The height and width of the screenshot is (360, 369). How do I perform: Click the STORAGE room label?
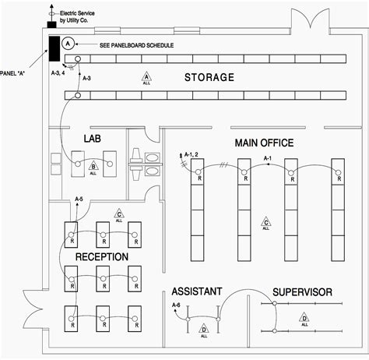(209, 78)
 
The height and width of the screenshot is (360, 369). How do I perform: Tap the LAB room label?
(94, 139)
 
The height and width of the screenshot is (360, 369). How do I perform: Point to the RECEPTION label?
(102, 256)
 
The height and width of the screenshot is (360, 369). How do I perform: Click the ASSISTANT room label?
(197, 291)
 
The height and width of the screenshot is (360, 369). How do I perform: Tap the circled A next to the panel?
(69, 42)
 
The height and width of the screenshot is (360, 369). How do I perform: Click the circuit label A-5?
(79, 200)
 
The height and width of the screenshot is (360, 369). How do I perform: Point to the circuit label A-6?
(176, 305)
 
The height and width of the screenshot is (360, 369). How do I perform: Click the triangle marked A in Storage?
(145, 76)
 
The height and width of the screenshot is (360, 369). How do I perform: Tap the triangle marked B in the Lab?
(93, 167)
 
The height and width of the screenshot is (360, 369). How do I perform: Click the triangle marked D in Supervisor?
(304, 319)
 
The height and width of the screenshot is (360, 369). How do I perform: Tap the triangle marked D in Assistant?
(203, 328)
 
